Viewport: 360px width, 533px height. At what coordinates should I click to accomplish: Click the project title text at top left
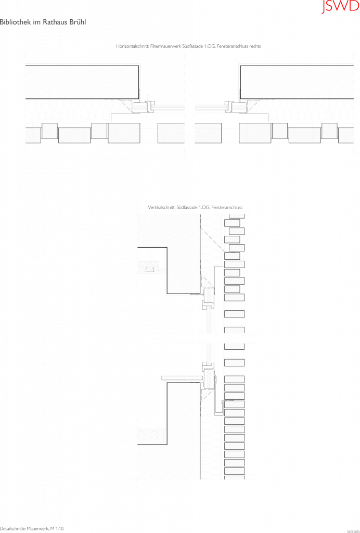coord(43,22)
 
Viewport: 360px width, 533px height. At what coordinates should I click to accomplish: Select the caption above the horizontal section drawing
coord(188,46)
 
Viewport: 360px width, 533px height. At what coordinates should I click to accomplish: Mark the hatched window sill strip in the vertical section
coord(182,376)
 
